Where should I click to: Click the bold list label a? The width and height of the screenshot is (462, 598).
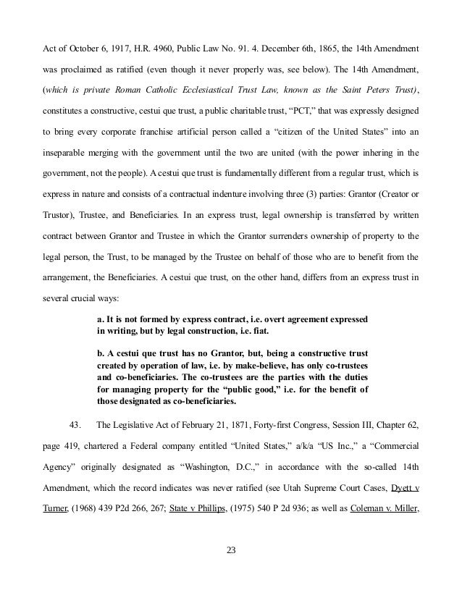[100, 319]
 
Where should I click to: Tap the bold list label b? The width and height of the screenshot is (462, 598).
[100, 354]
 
